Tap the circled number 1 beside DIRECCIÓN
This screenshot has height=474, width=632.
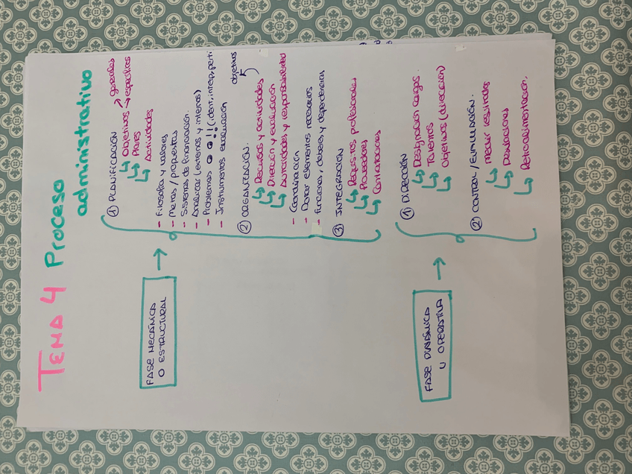coord(405,212)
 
